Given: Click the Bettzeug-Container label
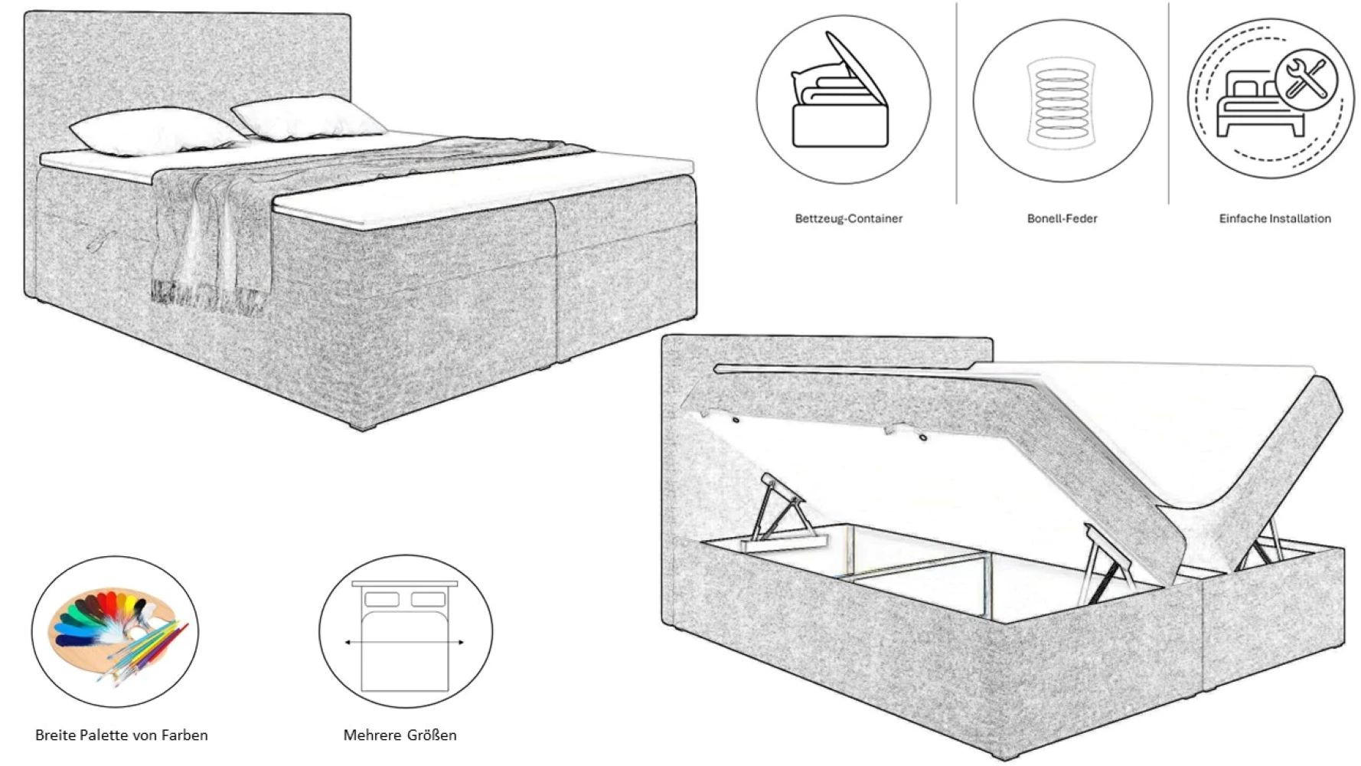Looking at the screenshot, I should point(848,218).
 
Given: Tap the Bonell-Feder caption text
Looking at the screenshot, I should point(1062,218).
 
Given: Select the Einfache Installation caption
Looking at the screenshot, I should point(1275,218).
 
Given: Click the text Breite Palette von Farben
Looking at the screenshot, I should point(121,735).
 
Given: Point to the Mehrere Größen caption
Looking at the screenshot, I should point(400,735).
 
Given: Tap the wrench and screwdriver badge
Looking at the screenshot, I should point(1306,79).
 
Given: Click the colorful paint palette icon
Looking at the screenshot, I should point(115,632).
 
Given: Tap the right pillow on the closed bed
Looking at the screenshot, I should point(306,117).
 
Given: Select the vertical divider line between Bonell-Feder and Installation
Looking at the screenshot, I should point(1168,103).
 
